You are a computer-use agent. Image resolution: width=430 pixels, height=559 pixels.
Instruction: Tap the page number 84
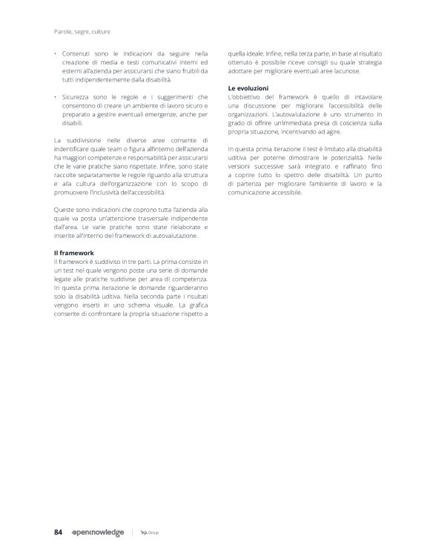click(59, 532)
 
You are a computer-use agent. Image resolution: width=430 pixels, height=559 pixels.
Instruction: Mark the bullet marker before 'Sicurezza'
click(56, 98)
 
